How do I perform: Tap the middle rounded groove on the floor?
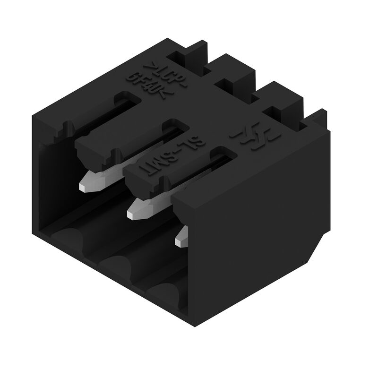tap(116, 262)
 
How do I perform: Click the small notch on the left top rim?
tap(67, 126)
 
